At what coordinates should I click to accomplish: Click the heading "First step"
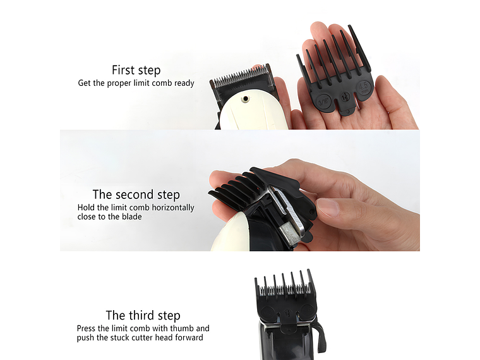click(x=136, y=70)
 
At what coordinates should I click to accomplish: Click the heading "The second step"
click(x=136, y=195)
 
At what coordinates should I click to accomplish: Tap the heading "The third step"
click(x=143, y=315)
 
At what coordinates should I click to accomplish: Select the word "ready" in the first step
click(x=183, y=83)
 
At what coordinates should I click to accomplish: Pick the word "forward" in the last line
click(x=188, y=337)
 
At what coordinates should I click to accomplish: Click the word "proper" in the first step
click(x=122, y=83)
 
